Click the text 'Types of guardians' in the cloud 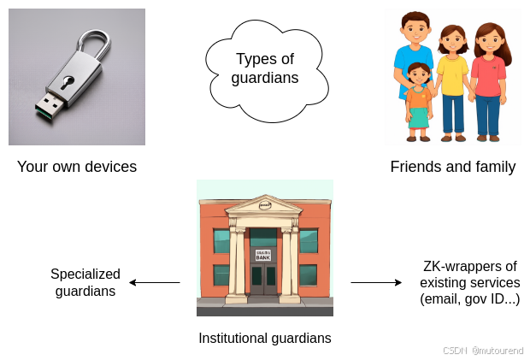pos(265,68)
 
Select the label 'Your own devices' pos(77,167)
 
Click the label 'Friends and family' pos(453,167)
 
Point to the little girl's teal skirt pos(419,117)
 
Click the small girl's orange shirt pos(418,97)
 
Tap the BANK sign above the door pos(262,254)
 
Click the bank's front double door pos(263,278)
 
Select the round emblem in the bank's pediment pos(264,205)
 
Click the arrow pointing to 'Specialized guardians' pos(154,282)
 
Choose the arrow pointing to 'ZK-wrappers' pos(376,282)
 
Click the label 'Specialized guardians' pos(85,282)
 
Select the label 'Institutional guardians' pos(265,338)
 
